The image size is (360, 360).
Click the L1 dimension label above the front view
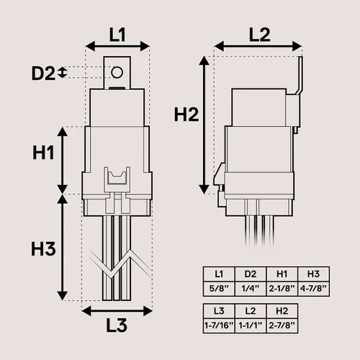tap(117, 35)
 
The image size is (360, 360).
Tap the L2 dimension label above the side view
tap(260, 35)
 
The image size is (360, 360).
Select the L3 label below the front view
tap(117, 325)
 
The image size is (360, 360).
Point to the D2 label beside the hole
tap(43, 73)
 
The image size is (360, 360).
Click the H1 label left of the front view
tap(43, 153)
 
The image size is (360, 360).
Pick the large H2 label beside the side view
tap(186, 114)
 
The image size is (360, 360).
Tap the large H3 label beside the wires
tap(43, 248)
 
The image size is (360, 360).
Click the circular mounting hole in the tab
tap(117, 72)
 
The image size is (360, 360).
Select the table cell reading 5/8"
tap(219, 289)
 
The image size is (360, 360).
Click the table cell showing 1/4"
tap(251, 289)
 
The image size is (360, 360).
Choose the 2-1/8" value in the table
tap(282, 289)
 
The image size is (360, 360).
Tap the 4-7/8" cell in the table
tap(313, 289)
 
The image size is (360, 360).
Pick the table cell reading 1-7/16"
tap(219, 325)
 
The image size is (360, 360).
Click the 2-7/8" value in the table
tap(282, 325)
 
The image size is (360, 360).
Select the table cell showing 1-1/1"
tap(251, 325)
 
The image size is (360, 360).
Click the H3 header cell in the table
tap(313, 274)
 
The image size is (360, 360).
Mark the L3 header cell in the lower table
tap(219, 311)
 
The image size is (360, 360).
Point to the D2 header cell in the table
tap(251, 274)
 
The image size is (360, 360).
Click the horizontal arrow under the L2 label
tap(258, 46)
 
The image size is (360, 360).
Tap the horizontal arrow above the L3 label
tap(117, 311)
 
